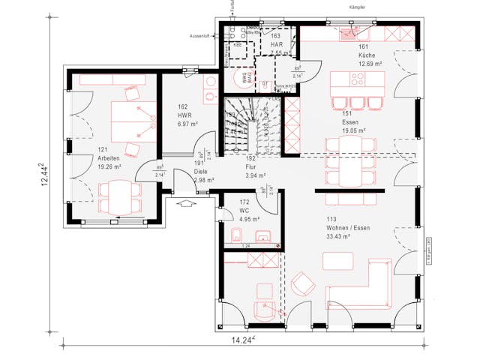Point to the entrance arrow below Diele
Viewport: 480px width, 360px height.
tap(185, 202)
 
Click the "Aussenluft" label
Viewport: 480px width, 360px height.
tap(202, 34)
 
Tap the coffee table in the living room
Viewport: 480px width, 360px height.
tap(338, 260)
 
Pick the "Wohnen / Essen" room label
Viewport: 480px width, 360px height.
tap(348, 228)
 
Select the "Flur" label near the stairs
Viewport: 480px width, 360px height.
tap(251, 168)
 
